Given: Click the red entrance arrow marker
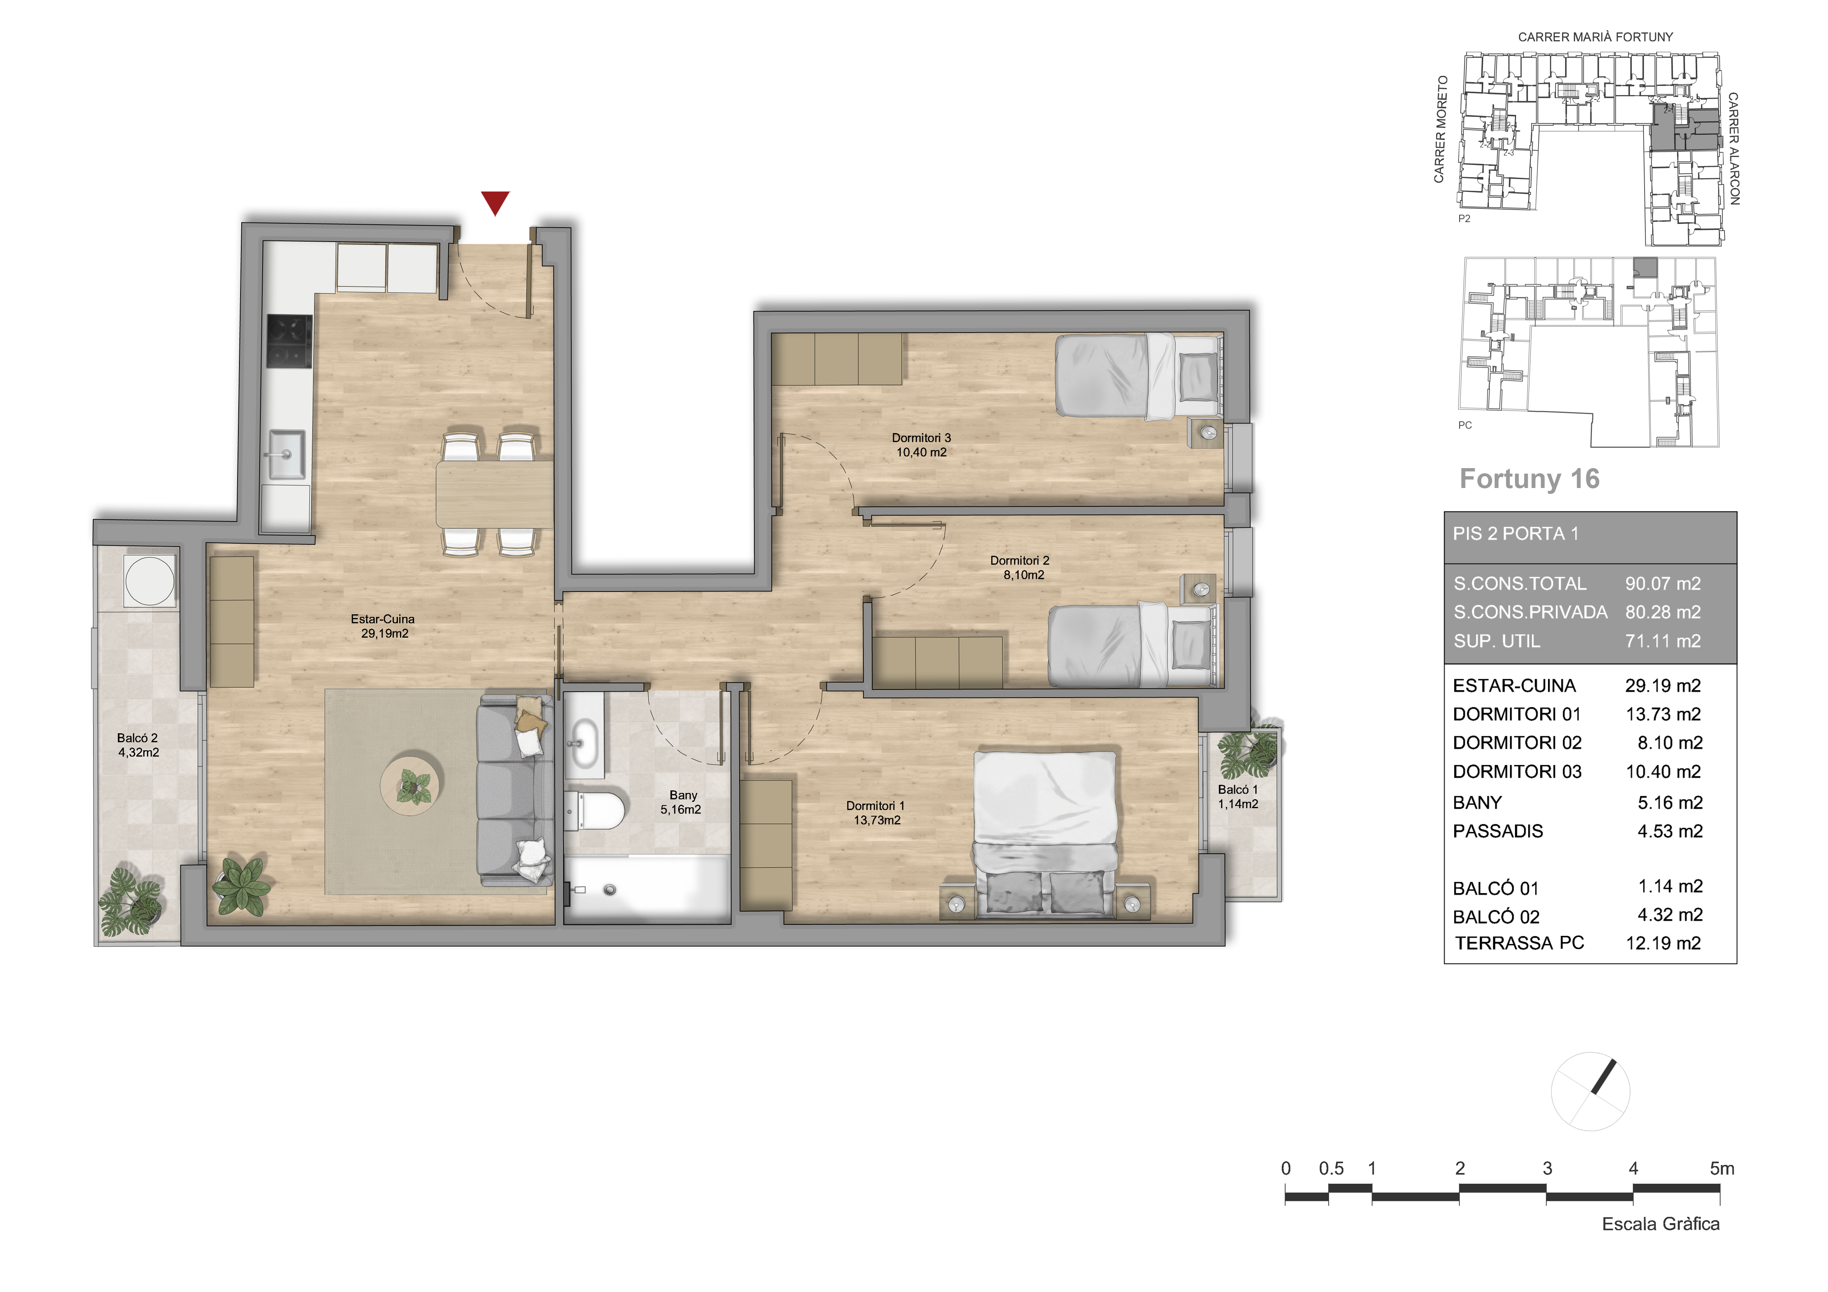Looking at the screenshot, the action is click(495, 202).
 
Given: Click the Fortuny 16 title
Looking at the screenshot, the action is click(1529, 478).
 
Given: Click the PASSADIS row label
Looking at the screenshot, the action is click(1498, 831).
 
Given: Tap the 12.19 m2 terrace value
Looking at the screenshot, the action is click(1663, 943).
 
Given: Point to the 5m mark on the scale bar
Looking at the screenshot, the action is click(1721, 1169).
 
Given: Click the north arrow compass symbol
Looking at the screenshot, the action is click(1591, 1091).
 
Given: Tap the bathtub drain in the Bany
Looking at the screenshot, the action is click(610, 889).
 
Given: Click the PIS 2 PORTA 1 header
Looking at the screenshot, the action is click(1515, 533).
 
